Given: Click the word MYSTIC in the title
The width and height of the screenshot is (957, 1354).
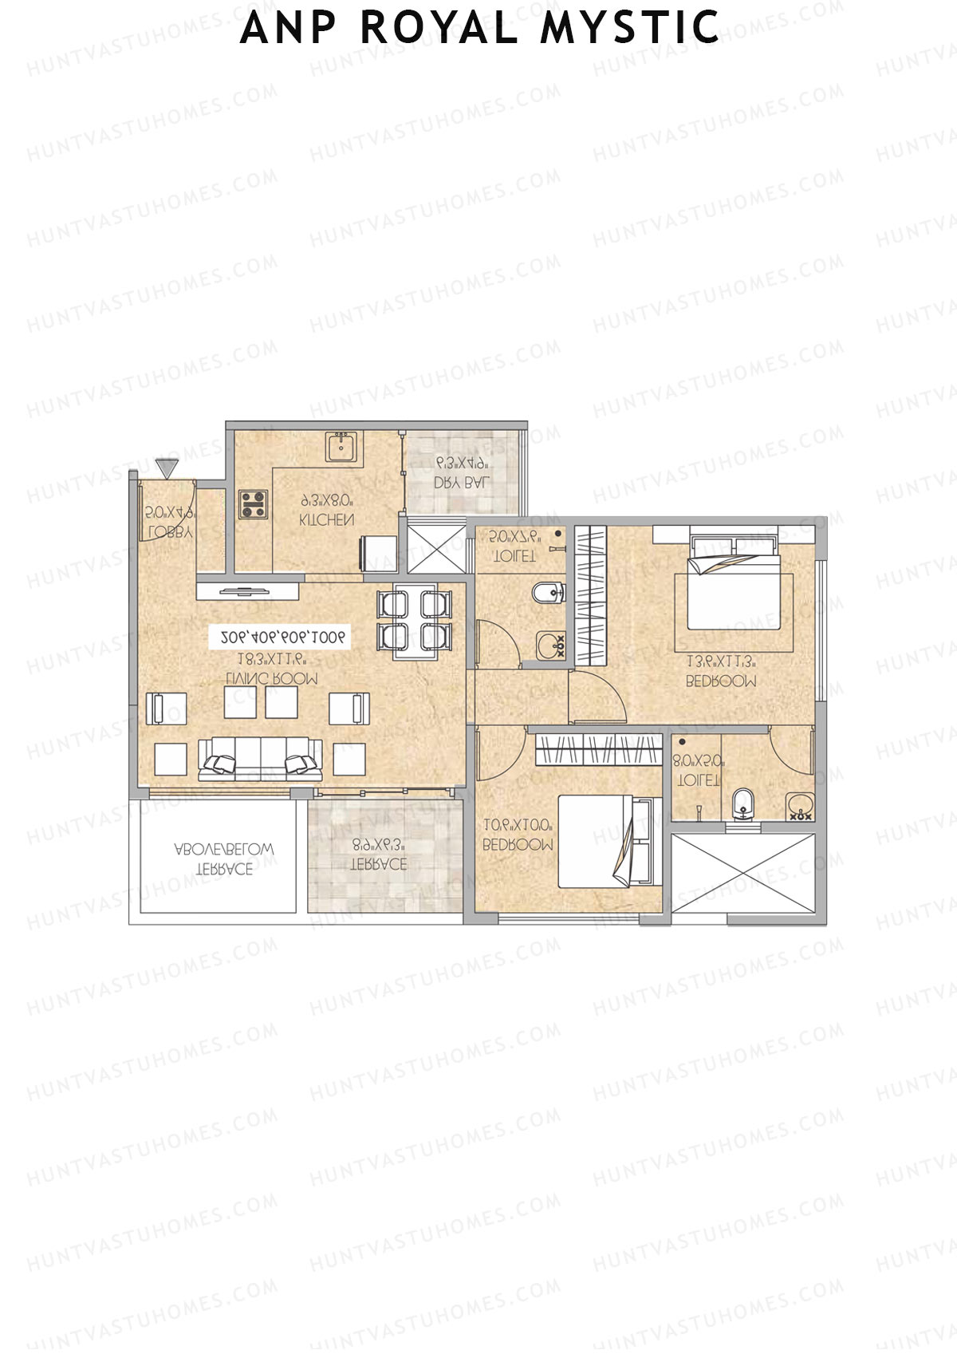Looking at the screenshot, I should [629, 27].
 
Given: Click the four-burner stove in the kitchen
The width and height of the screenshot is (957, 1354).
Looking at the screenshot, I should [254, 504].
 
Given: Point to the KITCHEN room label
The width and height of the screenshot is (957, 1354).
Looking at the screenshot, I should [326, 519].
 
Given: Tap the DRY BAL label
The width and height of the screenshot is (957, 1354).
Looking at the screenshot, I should [462, 482].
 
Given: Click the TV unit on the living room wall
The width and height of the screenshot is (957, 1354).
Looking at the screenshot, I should [244, 591].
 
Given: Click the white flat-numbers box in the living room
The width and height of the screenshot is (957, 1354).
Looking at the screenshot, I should [278, 637].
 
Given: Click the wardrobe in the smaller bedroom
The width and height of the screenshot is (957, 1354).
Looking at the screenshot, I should [599, 751].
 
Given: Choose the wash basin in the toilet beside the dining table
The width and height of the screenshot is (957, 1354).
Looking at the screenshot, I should [550, 645].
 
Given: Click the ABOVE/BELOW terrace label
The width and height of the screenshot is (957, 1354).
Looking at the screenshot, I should [224, 858].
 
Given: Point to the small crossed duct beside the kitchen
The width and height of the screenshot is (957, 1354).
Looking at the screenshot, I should [435, 546].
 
